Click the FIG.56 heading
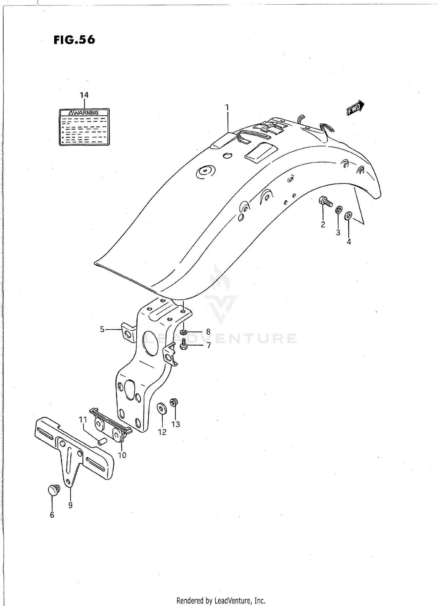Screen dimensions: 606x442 tap(74, 39)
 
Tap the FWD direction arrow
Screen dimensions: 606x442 tap(355, 108)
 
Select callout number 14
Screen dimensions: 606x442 tap(84, 95)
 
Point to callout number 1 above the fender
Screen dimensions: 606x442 tap(227, 107)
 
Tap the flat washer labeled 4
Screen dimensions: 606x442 tap(348, 215)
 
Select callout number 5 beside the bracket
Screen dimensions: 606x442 tap(102, 329)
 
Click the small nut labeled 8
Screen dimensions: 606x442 tap(183, 333)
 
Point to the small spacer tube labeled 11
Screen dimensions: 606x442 tap(102, 441)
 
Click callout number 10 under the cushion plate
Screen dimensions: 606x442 tap(122, 455)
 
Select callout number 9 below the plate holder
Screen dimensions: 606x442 tap(70, 505)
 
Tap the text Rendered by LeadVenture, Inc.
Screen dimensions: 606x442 tap(221, 600)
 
